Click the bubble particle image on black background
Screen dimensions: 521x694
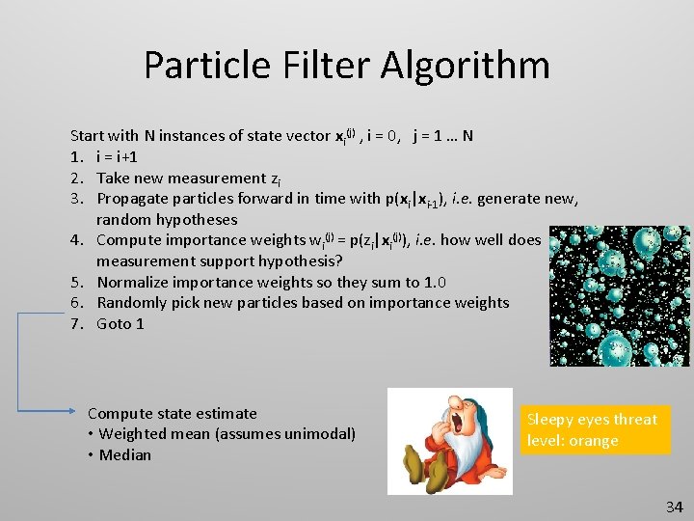pos(619,296)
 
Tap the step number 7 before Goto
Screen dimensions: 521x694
pos(76,324)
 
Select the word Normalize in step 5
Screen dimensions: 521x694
pos(134,283)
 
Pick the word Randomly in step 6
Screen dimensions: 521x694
pos(132,303)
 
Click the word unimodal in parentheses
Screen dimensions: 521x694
pos(316,434)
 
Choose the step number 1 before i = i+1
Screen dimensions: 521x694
pos(76,156)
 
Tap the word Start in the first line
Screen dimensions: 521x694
pos(88,136)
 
